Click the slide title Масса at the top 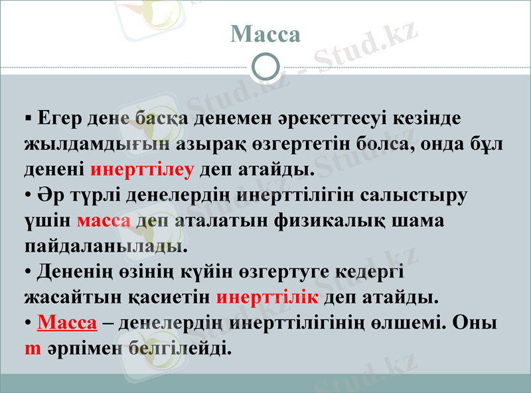(x=265, y=34)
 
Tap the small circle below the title (x=266, y=66)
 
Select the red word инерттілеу (x=141, y=169)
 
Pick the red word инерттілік (x=267, y=296)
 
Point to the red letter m (x=33, y=347)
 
